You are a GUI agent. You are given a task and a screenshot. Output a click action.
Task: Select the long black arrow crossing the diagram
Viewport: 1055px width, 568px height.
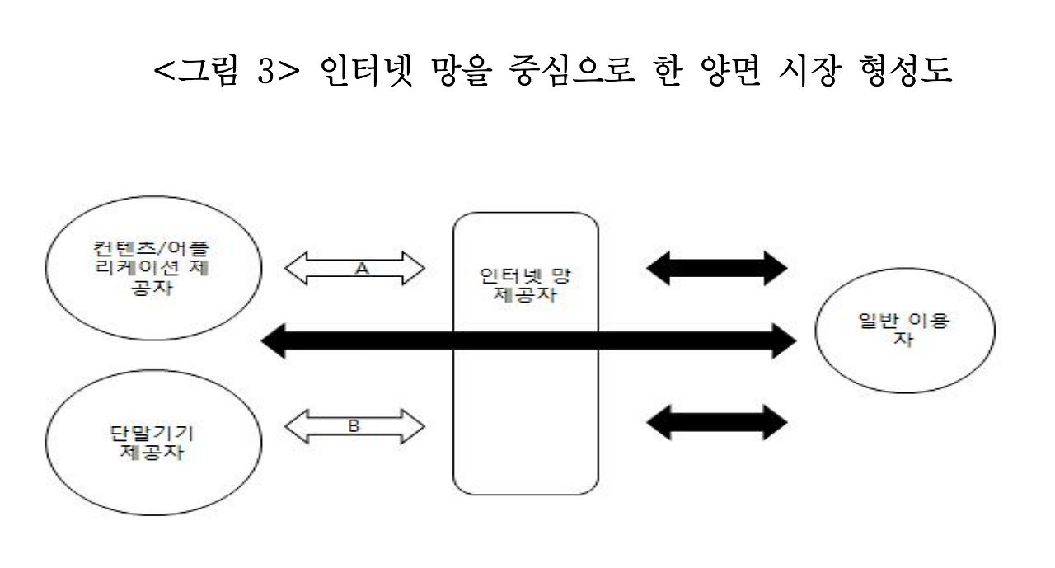[x=527, y=340]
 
